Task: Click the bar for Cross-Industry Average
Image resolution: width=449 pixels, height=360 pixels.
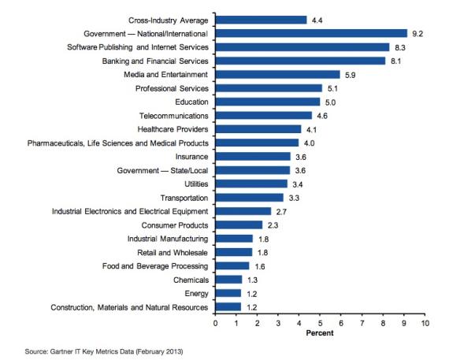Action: coord(261,20)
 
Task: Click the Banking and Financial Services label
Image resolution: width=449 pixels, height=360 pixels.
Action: coord(156,61)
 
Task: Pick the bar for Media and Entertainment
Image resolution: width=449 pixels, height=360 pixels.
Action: coord(277,75)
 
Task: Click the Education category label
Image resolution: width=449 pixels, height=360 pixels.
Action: coord(191,102)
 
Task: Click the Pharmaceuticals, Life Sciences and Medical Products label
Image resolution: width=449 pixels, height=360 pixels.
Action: coord(118,143)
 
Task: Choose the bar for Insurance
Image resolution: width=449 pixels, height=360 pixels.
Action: coord(253,157)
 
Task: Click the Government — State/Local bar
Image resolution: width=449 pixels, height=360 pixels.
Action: coord(253,170)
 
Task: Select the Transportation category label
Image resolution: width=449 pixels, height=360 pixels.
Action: coord(184,198)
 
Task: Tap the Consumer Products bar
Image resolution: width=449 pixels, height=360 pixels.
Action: coord(239,225)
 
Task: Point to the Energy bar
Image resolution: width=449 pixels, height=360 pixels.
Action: coord(228,293)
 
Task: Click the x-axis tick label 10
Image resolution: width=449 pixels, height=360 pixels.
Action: coord(425,323)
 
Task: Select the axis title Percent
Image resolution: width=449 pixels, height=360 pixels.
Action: coord(320,333)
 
